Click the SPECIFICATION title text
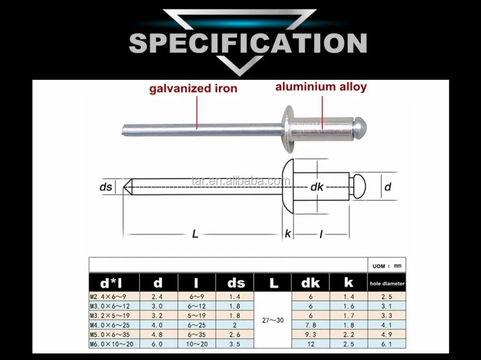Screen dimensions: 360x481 248,43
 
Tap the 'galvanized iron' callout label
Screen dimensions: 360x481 193,88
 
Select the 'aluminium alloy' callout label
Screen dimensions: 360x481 321,87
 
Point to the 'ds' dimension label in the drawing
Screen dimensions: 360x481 106,187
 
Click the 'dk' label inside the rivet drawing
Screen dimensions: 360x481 316,187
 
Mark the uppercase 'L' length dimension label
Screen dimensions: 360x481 195,234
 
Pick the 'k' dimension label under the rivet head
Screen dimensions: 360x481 288,234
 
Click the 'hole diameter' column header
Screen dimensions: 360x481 387,284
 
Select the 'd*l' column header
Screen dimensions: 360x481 114,283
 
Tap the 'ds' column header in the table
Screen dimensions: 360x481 235,283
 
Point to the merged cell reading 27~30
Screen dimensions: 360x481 272,320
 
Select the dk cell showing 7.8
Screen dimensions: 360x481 311,325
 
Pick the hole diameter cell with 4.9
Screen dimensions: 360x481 386,335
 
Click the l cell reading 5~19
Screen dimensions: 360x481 196,315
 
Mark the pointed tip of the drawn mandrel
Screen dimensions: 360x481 126,187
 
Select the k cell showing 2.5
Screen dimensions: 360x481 349,344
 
